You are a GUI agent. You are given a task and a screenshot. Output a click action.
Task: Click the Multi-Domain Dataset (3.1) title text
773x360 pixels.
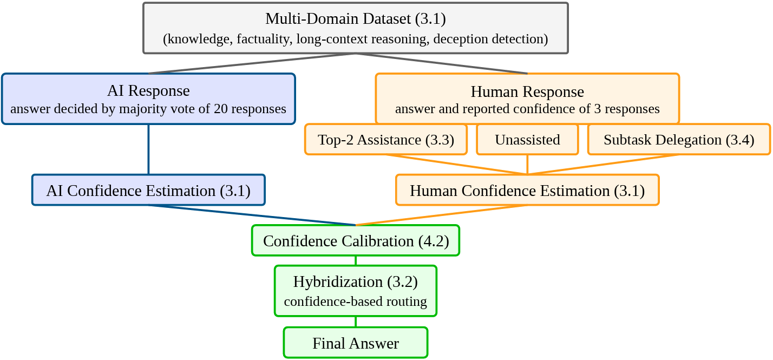pos(356,19)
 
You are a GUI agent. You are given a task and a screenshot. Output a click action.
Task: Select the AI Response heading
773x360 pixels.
pos(148,91)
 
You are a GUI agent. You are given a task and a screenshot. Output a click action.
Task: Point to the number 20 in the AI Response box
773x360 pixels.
pos(221,109)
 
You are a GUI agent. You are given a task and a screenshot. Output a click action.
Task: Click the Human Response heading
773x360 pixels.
pos(527,92)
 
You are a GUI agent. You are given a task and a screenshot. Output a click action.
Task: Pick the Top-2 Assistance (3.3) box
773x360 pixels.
pos(386,140)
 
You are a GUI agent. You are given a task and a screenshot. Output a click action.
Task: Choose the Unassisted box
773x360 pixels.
pos(527,140)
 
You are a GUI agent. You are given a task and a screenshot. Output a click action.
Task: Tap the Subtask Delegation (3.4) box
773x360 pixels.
pos(679,140)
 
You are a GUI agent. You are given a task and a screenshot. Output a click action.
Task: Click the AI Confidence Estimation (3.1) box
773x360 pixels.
pos(148,190)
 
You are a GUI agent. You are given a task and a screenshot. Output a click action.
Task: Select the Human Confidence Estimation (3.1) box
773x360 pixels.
pos(527,190)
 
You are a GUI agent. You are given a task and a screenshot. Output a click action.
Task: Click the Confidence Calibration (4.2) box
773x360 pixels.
pos(356,240)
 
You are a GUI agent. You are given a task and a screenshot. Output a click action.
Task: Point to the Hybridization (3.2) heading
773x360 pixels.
pos(356,282)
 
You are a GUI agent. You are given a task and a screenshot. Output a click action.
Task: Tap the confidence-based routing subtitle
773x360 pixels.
pos(356,302)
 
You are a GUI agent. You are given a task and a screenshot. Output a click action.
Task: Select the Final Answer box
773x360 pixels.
pos(356,343)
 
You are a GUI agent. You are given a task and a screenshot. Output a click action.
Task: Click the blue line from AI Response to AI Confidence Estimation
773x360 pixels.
pos(148,149)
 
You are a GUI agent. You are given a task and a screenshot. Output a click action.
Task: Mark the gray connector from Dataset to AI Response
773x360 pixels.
pos(252,63)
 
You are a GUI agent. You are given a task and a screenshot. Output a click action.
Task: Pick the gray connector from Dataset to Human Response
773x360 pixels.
pos(441,63)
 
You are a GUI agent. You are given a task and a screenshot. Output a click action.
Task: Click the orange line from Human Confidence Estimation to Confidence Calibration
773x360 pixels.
pos(441,215)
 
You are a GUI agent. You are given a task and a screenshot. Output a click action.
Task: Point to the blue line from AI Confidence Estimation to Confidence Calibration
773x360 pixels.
pos(252,215)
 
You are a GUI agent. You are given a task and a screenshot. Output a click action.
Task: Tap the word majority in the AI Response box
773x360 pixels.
pos(141,109)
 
